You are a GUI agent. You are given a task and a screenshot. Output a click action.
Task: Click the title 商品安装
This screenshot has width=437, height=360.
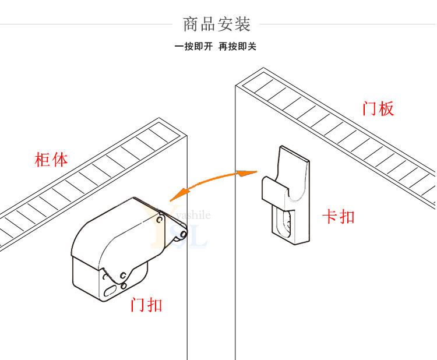coord(217,24)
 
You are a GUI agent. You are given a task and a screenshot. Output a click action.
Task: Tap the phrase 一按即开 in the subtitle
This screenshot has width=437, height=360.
coord(193,46)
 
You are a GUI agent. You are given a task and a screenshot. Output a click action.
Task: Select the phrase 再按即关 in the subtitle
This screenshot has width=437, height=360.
coord(237,46)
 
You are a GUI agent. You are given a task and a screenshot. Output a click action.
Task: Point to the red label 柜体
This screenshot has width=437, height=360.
coord(51,160)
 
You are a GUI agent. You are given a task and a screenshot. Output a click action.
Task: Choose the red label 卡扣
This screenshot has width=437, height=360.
coord(339,217)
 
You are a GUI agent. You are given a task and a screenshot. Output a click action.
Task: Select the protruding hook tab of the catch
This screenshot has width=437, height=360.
coord(273,189)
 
